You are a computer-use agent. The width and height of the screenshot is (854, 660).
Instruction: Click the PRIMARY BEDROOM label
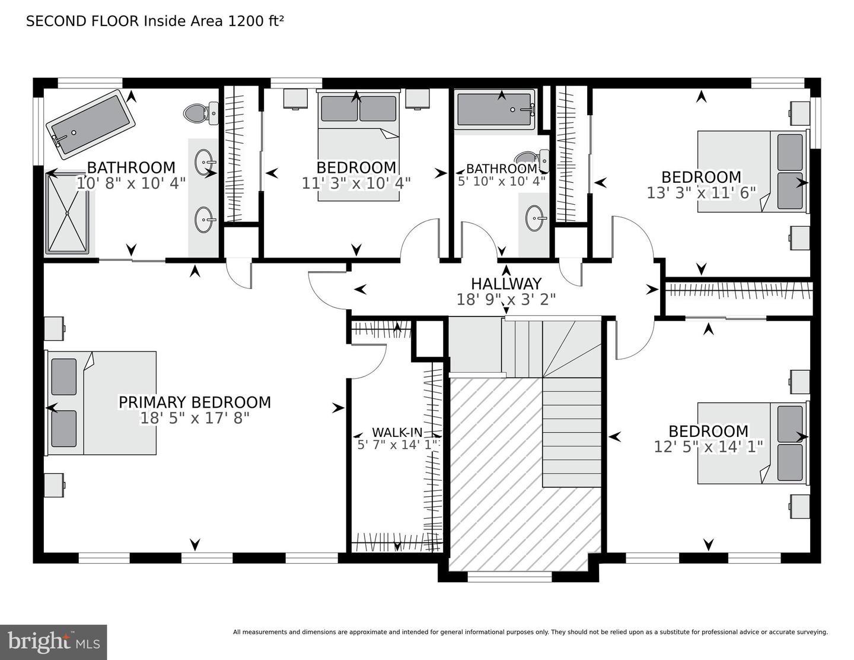pyautogui.click(x=195, y=402)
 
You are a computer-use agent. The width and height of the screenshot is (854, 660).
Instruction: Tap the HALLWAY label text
pyautogui.click(x=506, y=284)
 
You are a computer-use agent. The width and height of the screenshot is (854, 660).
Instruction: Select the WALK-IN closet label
pyautogui.click(x=397, y=432)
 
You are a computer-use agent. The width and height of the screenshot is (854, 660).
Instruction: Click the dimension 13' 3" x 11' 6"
pyautogui.click(x=701, y=192)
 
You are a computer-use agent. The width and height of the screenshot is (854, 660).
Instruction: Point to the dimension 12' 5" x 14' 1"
pyautogui.click(x=708, y=446)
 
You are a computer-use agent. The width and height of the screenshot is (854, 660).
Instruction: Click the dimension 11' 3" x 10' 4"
pyautogui.click(x=356, y=183)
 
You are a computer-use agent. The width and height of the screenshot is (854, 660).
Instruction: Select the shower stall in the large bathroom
pyautogui.click(x=68, y=213)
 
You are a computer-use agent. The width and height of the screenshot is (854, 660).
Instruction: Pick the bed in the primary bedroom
pyautogui.click(x=101, y=403)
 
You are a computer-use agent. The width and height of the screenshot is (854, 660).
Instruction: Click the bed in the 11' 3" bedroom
pyautogui.click(x=358, y=145)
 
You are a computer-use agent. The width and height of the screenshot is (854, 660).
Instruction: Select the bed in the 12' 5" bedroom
pyautogui.click(x=752, y=443)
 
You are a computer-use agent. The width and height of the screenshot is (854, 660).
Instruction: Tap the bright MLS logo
pyautogui.click(x=53, y=642)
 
